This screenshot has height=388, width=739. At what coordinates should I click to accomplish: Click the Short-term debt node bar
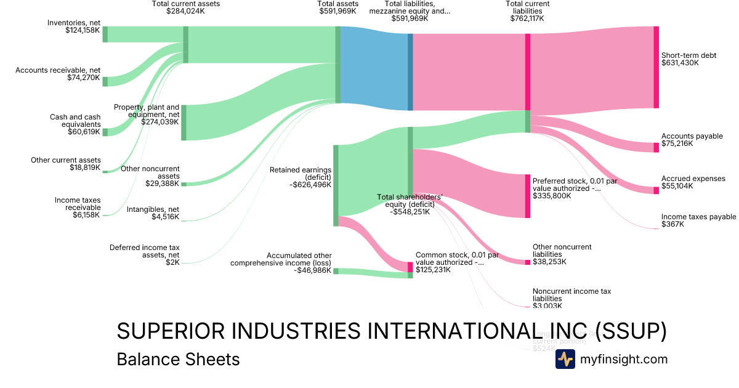coord(656,67)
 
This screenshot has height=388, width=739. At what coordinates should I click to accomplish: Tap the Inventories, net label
coord(73,23)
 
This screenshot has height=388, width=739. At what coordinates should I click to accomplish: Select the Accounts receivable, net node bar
coord(105,82)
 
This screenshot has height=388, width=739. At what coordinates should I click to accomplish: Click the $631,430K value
coord(680,63)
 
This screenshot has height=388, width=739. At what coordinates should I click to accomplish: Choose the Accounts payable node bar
coord(656,147)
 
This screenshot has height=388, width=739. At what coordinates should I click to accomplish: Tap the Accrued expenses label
coord(693,178)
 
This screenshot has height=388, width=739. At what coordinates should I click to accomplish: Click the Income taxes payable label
coord(698,217)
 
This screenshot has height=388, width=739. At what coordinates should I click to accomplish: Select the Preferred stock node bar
coord(527,196)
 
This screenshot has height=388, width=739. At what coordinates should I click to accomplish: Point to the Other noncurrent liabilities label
coord(562,251)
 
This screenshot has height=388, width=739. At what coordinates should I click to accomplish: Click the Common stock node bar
coord(410,267)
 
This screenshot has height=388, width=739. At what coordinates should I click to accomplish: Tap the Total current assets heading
coord(185,4)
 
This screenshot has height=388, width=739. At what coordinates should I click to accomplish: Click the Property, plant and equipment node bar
coord(184,123)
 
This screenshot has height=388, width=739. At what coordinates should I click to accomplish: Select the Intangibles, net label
coord(153,209)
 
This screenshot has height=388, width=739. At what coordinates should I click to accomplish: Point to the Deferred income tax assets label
coord(145,251)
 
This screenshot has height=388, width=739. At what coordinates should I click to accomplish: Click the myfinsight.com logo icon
coord(565,359)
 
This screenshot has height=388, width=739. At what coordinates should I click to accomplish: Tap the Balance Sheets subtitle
coord(178,359)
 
